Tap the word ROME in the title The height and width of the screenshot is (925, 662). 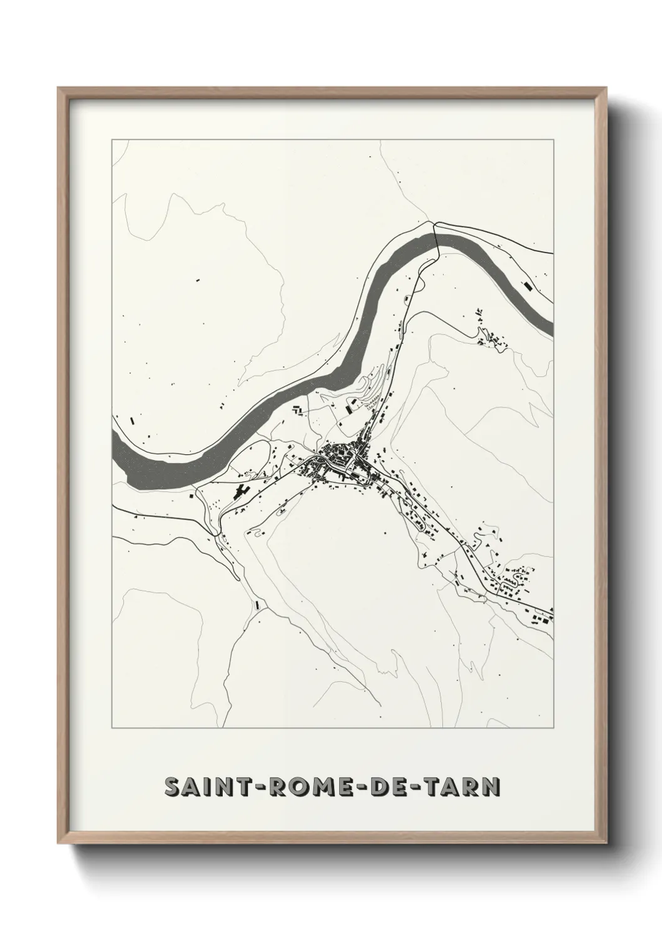tap(302, 787)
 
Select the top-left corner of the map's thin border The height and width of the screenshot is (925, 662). tap(112, 139)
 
